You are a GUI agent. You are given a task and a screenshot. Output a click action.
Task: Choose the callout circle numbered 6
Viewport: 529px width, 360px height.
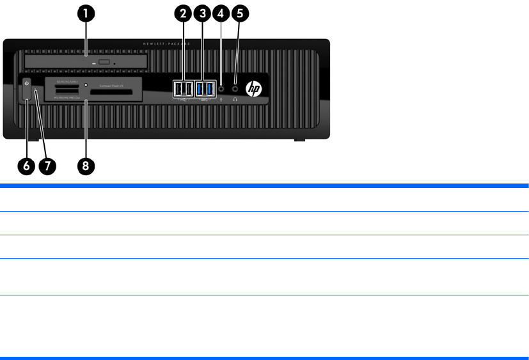click(26, 165)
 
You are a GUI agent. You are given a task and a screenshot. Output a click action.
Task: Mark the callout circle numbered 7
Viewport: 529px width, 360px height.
click(47, 165)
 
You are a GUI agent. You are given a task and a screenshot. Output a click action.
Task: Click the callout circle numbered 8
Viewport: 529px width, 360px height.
click(86, 165)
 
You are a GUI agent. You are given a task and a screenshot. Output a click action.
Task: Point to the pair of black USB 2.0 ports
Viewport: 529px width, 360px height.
click(183, 88)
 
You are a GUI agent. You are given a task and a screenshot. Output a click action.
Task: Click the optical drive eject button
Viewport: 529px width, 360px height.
click(105, 63)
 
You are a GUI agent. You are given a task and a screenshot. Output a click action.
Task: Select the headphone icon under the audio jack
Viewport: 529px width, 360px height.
click(235, 99)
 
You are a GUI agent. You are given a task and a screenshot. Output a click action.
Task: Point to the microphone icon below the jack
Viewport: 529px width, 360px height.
click(221, 99)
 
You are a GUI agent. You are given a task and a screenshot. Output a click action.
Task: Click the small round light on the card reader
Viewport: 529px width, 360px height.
click(86, 84)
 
